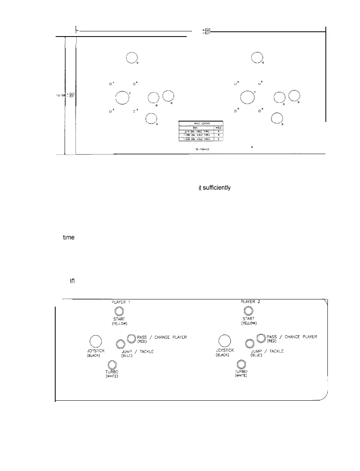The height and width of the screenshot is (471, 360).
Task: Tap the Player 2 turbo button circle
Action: tap(241, 364)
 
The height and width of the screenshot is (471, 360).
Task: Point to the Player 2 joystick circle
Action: tap(225, 341)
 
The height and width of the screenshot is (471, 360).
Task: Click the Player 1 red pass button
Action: tap(132, 338)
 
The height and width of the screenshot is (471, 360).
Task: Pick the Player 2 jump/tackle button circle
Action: tap(250, 344)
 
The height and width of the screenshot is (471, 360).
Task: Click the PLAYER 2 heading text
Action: tap(250, 301)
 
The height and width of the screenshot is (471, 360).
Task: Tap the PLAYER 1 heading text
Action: tap(120, 301)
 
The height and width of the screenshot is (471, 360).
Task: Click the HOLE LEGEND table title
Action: tap(201, 123)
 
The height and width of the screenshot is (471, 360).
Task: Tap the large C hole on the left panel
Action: tap(121, 97)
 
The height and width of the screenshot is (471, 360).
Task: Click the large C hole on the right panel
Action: tap(247, 97)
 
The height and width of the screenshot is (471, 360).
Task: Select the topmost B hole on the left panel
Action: tap(132, 58)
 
